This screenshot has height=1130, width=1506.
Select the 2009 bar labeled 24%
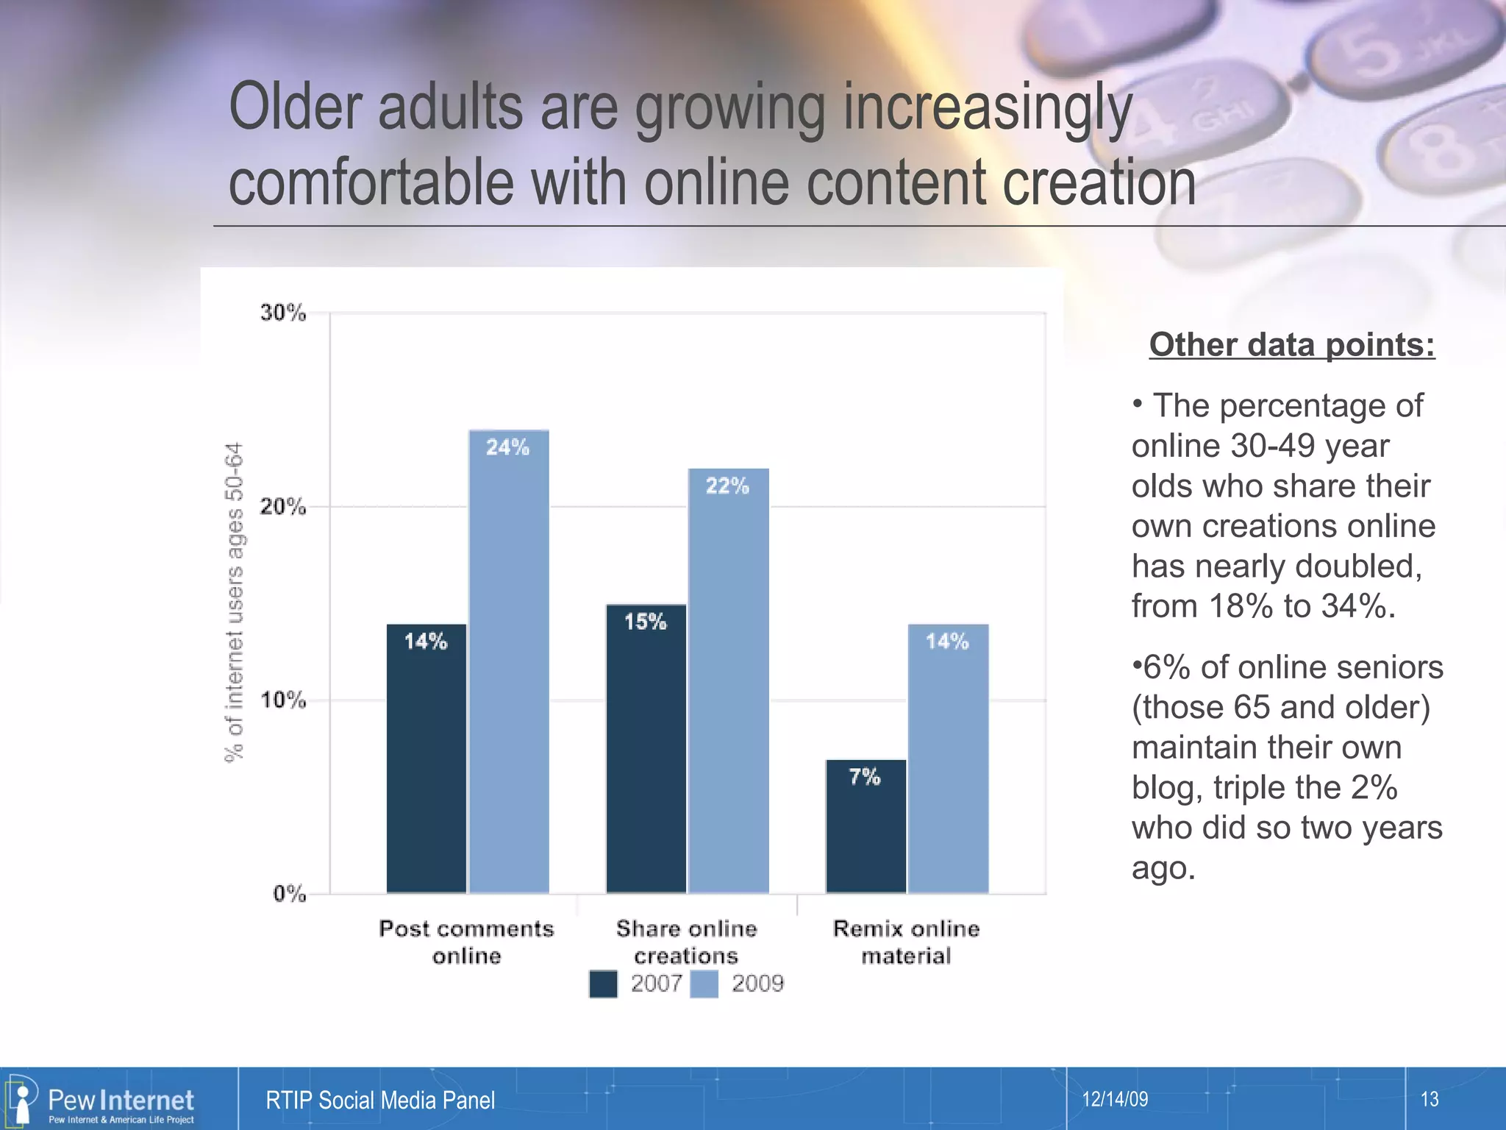click(x=509, y=662)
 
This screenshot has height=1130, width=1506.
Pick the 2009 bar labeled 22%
click(x=728, y=681)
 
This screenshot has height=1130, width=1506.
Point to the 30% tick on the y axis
click(x=283, y=313)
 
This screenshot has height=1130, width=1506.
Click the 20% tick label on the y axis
click(x=283, y=507)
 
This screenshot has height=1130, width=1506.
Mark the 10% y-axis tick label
click(x=283, y=700)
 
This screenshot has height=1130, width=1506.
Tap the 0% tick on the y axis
click(x=289, y=894)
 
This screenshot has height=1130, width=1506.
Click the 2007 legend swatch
click(x=603, y=984)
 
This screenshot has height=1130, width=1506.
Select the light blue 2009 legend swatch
click(x=704, y=984)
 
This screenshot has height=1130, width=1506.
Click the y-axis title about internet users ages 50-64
click(x=234, y=603)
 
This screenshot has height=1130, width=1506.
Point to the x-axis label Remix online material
click(x=906, y=942)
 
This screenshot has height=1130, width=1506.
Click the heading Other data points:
click(x=1291, y=344)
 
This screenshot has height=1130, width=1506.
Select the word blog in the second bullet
click(x=1167, y=788)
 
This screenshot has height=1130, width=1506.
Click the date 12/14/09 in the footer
click(x=1115, y=1099)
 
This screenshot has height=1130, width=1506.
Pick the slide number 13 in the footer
click(x=1429, y=1099)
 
